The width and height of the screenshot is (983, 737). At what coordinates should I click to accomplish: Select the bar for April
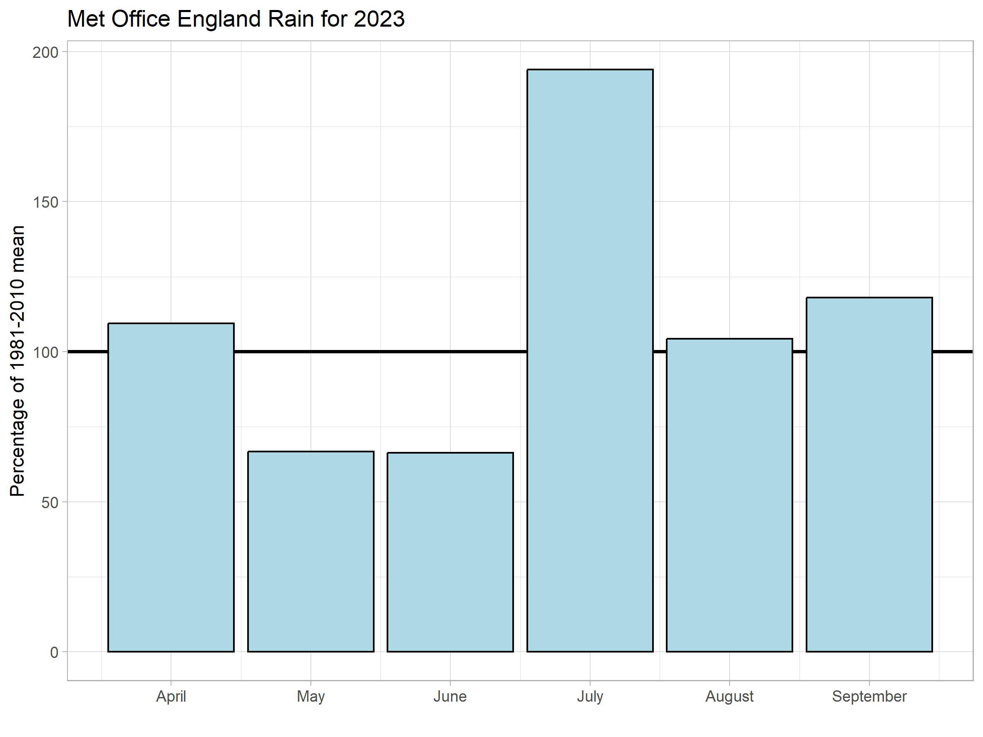point(171,487)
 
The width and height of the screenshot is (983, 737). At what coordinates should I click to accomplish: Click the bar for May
point(310,551)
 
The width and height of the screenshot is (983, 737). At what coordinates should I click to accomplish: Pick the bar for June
point(450,552)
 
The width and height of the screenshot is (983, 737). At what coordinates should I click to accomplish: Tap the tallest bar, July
point(590,360)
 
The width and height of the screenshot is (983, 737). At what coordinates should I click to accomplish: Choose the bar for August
point(729,495)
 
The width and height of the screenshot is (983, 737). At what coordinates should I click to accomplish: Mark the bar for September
point(869,474)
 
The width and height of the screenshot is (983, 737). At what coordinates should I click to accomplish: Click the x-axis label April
point(171,697)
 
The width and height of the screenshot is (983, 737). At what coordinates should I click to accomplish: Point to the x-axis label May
point(310,697)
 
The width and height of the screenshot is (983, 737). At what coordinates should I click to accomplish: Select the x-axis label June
point(450,696)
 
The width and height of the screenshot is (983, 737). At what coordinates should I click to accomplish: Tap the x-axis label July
point(590,697)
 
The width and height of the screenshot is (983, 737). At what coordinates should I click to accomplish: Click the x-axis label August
point(729,697)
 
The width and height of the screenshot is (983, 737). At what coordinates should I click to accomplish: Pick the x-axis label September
point(869,697)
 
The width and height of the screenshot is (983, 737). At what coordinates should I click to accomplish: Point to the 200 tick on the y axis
point(45,52)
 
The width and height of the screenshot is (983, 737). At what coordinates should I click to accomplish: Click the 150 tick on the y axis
point(45,202)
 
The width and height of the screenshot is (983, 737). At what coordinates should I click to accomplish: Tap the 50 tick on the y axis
point(50,502)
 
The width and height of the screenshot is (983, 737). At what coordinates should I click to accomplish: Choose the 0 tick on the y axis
point(54,652)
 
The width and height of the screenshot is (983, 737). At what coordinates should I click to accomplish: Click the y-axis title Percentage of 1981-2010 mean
point(17,361)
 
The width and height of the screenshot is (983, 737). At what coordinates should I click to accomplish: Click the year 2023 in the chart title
point(379,19)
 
